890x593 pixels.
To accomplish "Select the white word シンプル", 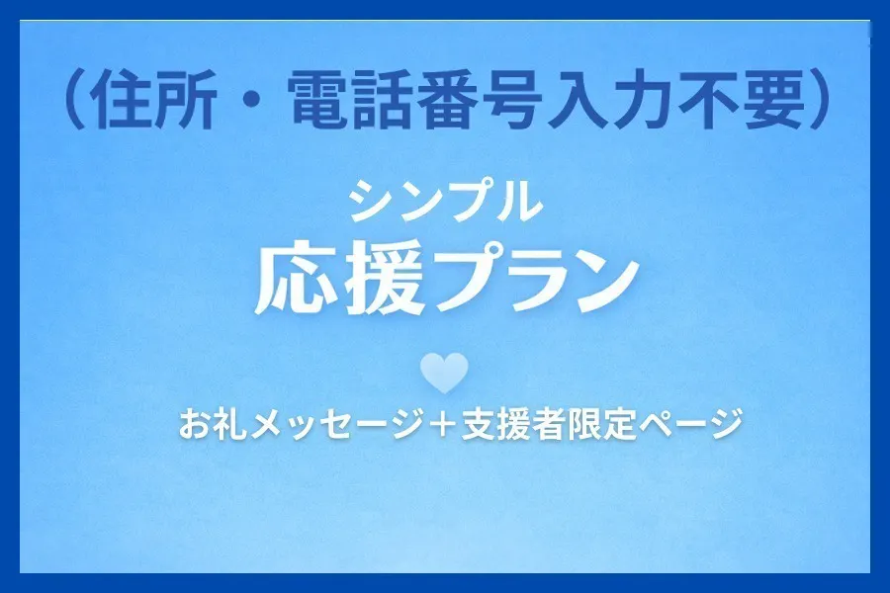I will point(446,202).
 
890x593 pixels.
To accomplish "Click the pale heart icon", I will point(444,372).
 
